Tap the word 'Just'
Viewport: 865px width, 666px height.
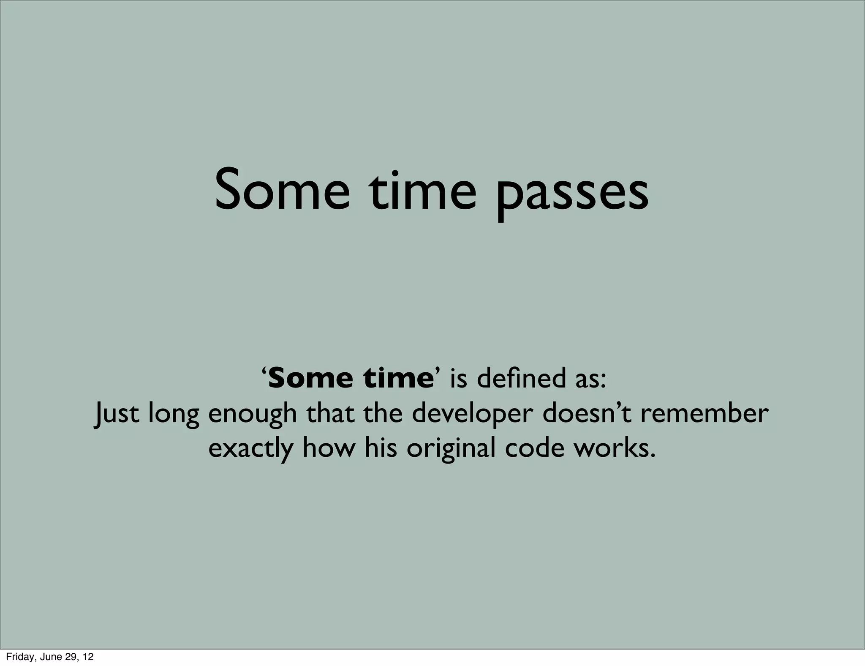(x=116, y=414)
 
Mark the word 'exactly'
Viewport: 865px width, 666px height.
(x=250, y=449)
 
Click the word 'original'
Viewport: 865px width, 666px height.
(x=451, y=449)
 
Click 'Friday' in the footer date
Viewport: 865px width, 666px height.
(x=17, y=657)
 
